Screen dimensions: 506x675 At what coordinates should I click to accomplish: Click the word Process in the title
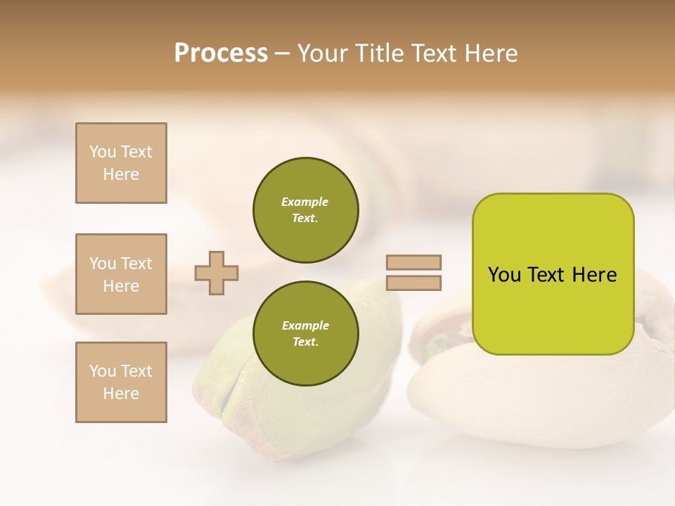[x=221, y=53]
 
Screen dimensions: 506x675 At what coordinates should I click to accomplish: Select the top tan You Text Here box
[x=121, y=163]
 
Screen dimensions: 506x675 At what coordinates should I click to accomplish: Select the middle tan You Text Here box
[x=121, y=274]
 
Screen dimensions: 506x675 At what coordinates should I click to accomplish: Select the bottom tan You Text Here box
[x=121, y=382]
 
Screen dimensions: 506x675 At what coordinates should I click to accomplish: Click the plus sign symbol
[x=217, y=273]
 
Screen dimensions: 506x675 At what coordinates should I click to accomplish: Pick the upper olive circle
[x=306, y=210]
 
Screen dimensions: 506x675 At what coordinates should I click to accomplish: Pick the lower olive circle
[x=306, y=334]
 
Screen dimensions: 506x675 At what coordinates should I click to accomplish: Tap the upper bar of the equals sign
[x=413, y=262]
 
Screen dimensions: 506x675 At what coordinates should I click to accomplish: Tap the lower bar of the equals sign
[x=413, y=283]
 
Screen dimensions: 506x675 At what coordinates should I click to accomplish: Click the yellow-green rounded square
[x=553, y=309]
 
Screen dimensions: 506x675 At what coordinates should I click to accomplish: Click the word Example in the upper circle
[x=304, y=202]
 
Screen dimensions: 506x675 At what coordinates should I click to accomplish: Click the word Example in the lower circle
[x=305, y=325]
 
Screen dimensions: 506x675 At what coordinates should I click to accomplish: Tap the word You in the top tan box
[x=102, y=152]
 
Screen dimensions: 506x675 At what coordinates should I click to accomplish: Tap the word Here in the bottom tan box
[x=121, y=394]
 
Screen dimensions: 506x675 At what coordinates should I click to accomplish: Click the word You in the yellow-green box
[x=504, y=275]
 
